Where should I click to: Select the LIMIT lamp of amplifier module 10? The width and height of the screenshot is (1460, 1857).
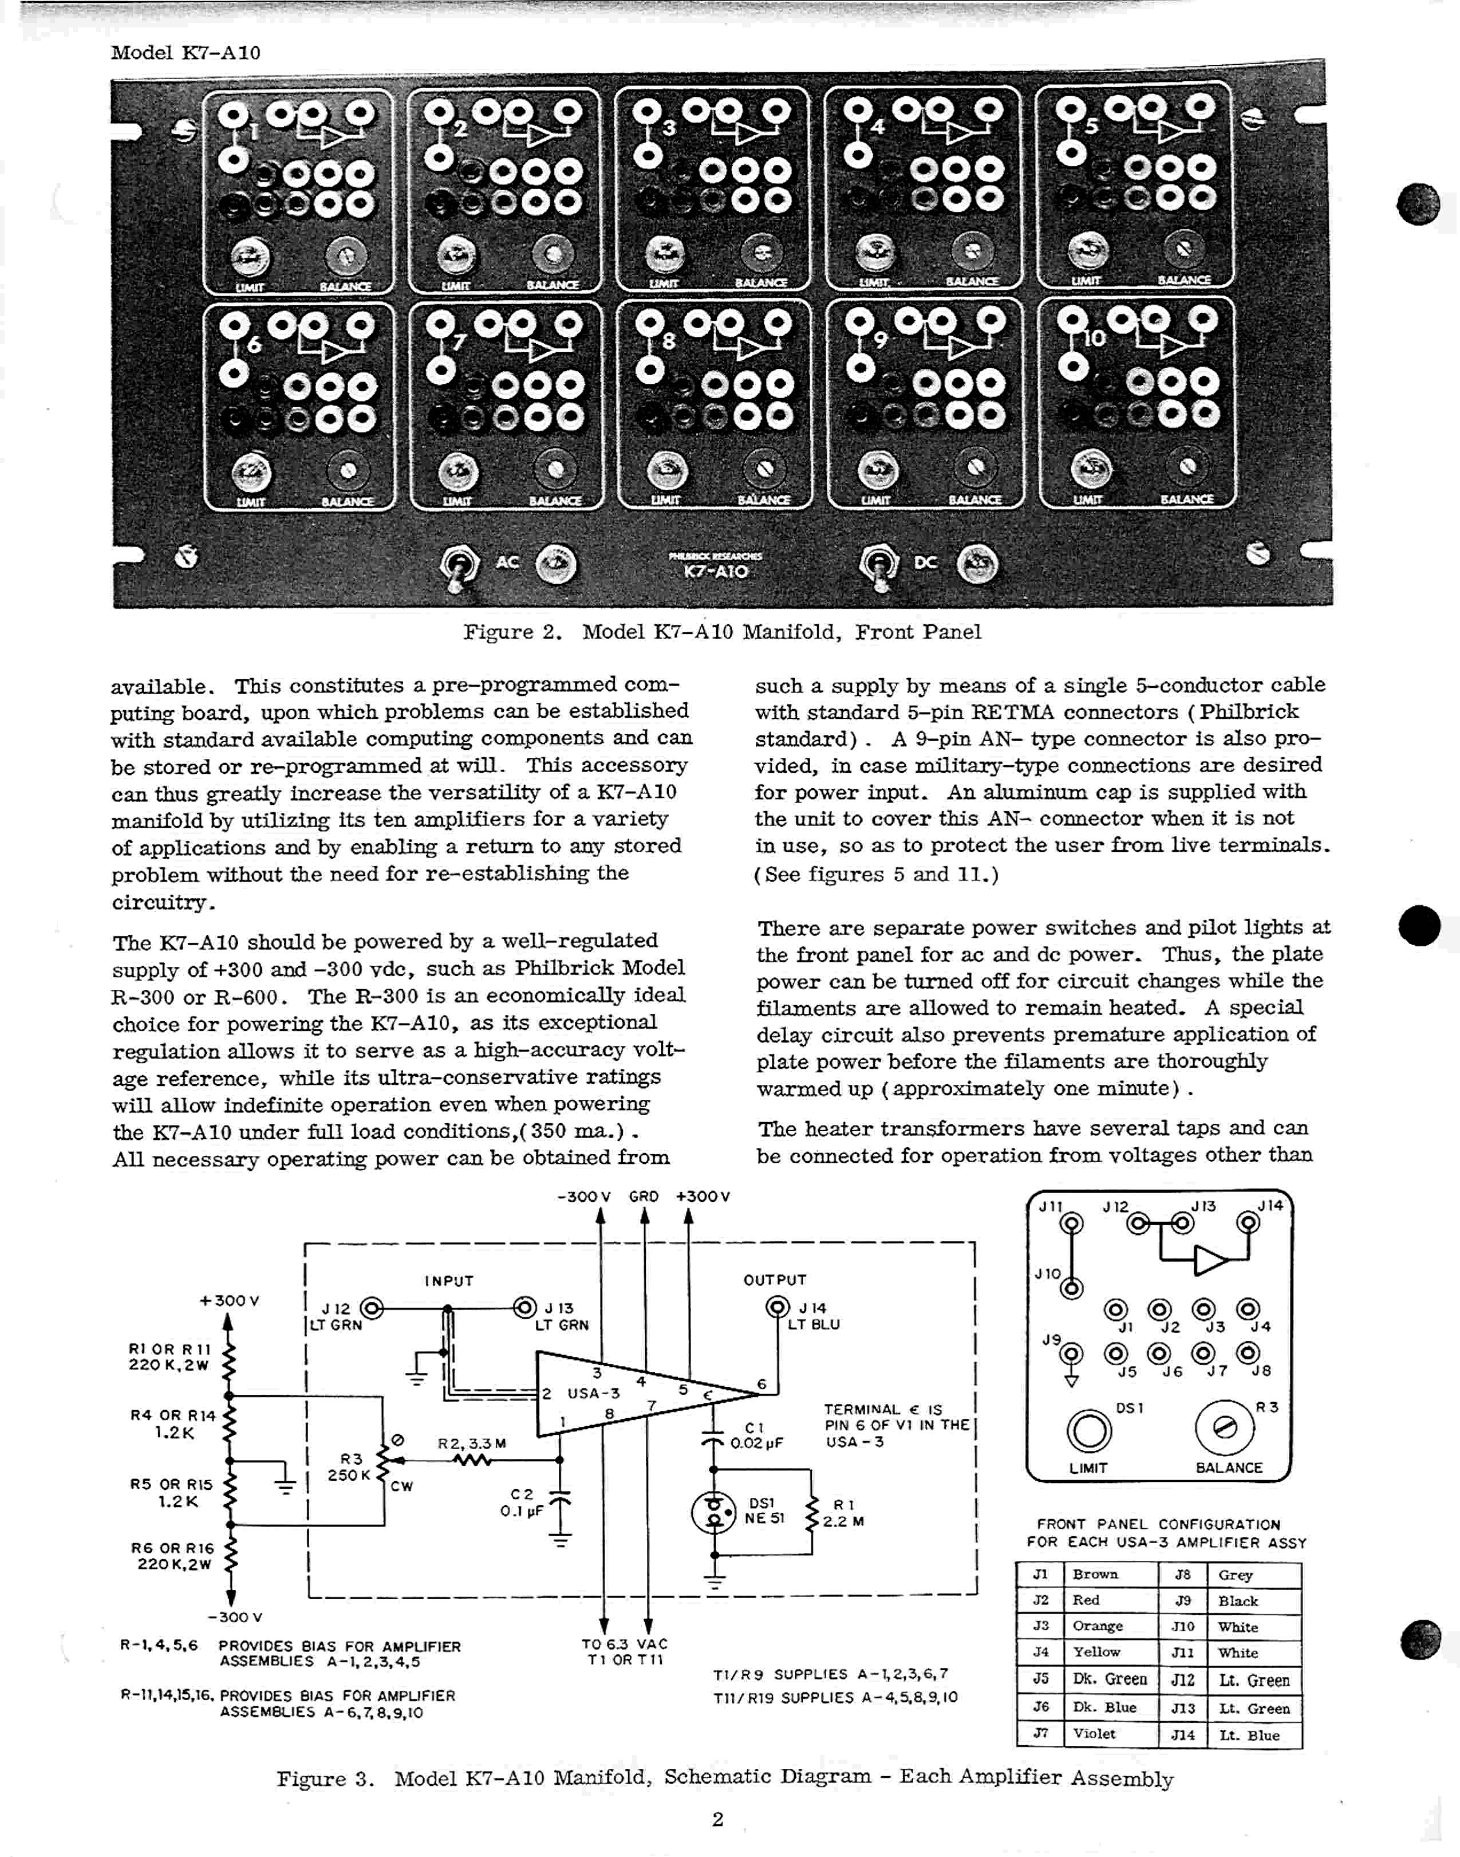tap(1092, 467)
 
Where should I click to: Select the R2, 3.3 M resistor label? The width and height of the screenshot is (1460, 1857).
tap(472, 1443)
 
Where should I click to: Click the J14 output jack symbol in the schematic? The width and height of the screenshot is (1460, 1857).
tap(778, 1307)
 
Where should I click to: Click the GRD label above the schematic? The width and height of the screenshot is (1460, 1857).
tap(644, 1196)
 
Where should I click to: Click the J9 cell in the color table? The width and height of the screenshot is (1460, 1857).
tap(1183, 1600)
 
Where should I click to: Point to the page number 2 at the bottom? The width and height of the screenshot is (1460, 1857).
tap(718, 1819)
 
